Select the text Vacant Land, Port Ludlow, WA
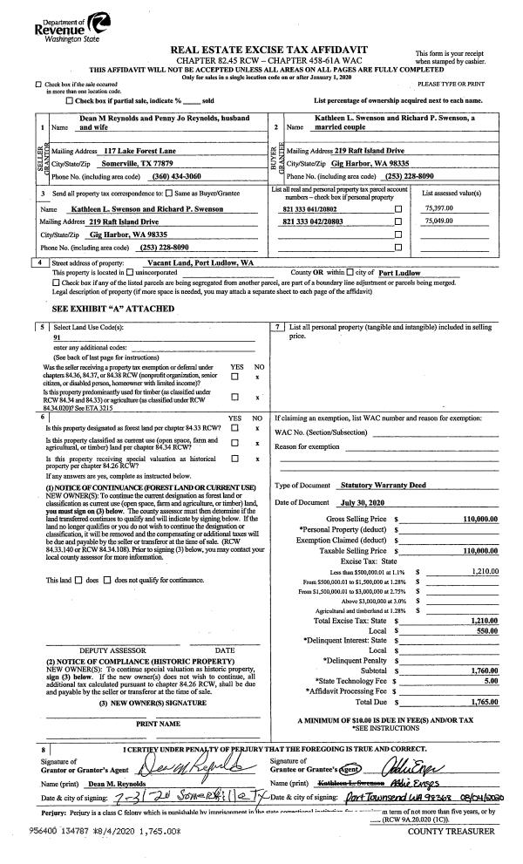(x=200, y=262)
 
